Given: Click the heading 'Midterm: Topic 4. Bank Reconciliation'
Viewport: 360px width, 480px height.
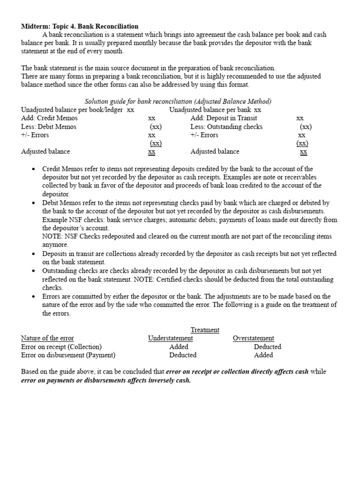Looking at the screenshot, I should click(x=80, y=26).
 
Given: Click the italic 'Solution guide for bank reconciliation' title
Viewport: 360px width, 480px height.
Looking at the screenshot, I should click(x=178, y=101).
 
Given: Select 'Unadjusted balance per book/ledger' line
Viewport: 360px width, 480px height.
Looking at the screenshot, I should click(x=72, y=110).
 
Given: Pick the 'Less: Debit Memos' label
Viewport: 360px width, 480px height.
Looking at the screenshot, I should click(x=49, y=127).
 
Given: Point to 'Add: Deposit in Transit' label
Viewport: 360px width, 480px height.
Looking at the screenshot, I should click(x=224, y=118).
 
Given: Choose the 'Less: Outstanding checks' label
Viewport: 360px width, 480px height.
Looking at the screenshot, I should click(x=226, y=127).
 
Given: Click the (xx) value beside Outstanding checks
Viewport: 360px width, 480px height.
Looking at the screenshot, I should click(x=306, y=127).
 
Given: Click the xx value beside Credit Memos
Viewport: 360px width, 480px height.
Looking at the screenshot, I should click(x=151, y=118).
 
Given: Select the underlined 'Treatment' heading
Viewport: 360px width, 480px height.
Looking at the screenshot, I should click(x=205, y=330).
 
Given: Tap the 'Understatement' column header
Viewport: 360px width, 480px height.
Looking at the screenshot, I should click(x=170, y=338).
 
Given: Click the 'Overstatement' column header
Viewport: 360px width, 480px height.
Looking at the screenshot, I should click(x=254, y=338).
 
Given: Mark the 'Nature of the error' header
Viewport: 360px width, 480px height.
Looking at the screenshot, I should click(x=47, y=338).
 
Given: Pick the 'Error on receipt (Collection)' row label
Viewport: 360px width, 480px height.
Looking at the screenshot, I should click(x=61, y=347).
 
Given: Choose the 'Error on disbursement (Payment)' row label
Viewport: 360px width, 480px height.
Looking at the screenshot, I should click(x=68, y=355).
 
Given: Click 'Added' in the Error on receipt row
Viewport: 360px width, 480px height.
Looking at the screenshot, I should click(x=179, y=347).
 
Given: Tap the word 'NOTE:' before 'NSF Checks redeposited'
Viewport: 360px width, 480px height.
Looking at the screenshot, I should click(x=52, y=237).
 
